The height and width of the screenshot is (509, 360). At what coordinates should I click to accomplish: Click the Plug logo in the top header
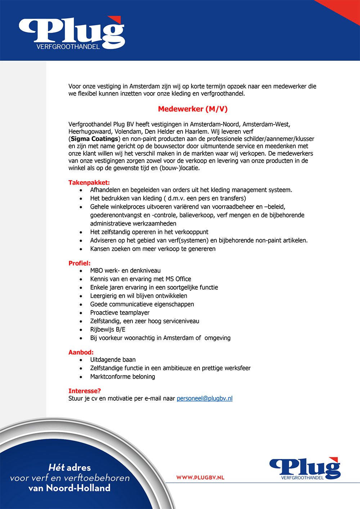[x=72, y=33]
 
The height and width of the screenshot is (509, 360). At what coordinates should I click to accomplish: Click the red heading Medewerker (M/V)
[x=193, y=109]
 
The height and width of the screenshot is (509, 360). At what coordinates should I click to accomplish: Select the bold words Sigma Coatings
[x=94, y=139]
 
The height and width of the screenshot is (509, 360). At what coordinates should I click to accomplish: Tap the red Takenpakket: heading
[x=89, y=182]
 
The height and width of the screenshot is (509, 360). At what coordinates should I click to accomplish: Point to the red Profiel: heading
[x=79, y=263]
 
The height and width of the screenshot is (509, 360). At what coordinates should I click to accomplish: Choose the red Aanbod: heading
[x=81, y=352]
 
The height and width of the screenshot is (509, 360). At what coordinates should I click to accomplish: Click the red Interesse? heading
[x=85, y=391]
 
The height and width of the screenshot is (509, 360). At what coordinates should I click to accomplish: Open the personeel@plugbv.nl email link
[x=204, y=398]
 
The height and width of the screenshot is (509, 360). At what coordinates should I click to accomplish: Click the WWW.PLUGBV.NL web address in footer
[x=200, y=477]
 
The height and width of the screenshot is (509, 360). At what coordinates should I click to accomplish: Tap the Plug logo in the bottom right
[x=305, y=468]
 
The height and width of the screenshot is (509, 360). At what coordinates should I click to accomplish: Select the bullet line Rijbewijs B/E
[x=108, y=330]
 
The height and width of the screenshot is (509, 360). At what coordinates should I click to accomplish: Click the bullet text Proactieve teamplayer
[x=120, y=313]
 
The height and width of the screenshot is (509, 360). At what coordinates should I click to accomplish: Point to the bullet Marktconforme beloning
[x=122, y=377]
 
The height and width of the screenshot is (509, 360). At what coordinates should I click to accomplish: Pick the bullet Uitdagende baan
[x=113, y=360]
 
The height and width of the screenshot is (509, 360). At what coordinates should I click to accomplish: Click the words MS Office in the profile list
[x=178, y=279]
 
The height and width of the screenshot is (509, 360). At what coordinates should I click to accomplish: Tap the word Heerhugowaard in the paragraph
[x=90, y=132]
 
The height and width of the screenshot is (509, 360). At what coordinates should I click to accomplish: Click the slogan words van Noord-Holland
[x=69, y=488]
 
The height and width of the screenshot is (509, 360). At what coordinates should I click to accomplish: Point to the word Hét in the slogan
[x=57, y=468]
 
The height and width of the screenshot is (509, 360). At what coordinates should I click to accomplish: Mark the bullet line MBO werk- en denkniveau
[x=125, y=271]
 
